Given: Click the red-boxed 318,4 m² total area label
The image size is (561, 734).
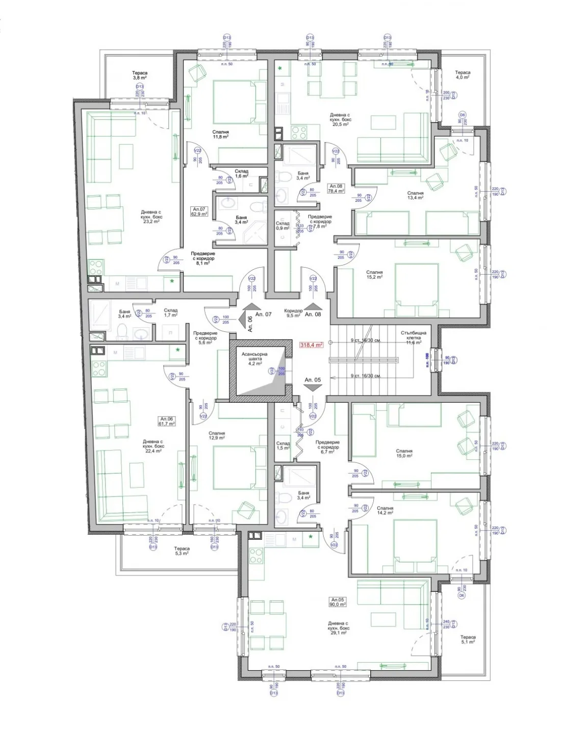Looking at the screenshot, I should point(311,345).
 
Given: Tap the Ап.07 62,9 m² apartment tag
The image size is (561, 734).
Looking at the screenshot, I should point(199,212).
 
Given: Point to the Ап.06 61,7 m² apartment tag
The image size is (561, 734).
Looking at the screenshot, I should point(167,421).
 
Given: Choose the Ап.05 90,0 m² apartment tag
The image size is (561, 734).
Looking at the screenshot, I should point(339,602).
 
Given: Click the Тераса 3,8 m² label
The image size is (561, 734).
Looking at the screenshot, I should point(140,75).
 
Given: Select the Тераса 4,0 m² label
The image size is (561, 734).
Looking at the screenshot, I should point(463,75).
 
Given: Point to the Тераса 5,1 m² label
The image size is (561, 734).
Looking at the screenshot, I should point(468,640).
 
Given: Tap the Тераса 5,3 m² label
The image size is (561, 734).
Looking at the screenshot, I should point(182,551).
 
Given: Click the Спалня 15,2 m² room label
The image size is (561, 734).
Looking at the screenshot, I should point(374,275).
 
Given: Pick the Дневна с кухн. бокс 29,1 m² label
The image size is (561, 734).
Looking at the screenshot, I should point(339,626).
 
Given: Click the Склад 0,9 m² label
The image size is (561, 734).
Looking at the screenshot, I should point(283,225).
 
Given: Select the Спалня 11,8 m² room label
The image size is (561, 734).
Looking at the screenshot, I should point(221,134).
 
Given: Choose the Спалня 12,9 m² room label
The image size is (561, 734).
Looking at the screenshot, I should point(217,436).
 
